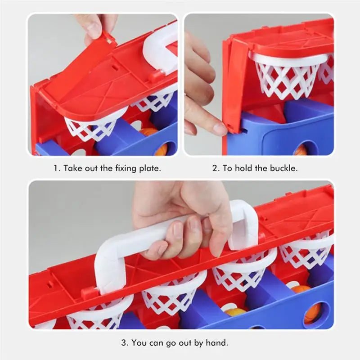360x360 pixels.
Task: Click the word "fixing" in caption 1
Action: (x=126, y=168)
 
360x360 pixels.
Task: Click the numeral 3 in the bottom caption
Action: (x=124, y=343)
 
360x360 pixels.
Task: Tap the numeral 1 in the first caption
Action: (x=56, y=168)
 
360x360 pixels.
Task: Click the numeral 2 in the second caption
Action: (x=215, y=168)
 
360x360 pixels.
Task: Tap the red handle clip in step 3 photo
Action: (x=87, y=293)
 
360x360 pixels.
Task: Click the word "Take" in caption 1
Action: (x=72, y=168)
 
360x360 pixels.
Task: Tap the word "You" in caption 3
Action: (x=139, y=343)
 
